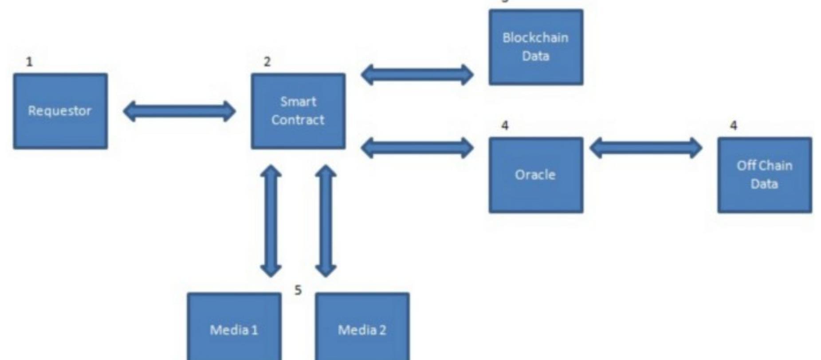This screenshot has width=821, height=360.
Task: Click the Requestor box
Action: click(60, 111)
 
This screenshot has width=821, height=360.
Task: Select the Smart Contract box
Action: click(298, 111)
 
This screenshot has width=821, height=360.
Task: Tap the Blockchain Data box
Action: click(536, 47)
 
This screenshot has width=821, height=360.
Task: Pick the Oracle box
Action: click(536, 175)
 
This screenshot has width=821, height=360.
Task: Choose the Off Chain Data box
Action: click(765, 175)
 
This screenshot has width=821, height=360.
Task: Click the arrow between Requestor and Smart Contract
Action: click(179, 111)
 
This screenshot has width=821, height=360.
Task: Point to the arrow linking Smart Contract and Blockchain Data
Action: click(417, 74)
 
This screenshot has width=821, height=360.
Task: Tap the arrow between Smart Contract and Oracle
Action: click(417, 148)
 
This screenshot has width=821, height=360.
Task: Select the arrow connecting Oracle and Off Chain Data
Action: click(646, 148)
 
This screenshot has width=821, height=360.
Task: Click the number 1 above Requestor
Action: click(29, 62)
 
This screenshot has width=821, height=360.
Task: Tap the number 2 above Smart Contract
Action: click(267, 62)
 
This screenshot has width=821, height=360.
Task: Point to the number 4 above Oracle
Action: click(505, 126)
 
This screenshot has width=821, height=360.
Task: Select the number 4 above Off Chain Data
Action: click(734, 126)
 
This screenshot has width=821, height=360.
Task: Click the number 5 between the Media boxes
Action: click(298, 290)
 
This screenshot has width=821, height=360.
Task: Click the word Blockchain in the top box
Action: click(535, 38)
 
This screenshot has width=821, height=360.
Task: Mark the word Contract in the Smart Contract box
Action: click(298, 120)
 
